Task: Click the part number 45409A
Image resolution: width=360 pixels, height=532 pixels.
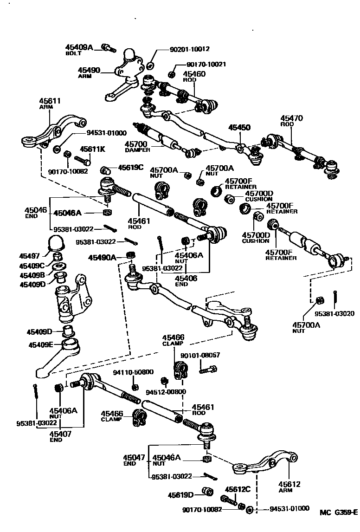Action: (x=79, y=47)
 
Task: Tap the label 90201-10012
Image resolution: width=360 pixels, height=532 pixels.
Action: (x=185, y=48)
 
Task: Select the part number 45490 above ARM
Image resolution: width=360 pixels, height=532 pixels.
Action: (x=89, y=70)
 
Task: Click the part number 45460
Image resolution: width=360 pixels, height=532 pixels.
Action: (x=194, y=74)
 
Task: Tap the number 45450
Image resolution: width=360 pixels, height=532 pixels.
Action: (x=238, y=127)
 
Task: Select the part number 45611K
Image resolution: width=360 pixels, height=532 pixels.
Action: (x=92, y=149)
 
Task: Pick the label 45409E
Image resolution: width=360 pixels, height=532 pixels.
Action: (x=41, y=345)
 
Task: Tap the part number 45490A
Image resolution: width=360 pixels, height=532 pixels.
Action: (x=103, y=257)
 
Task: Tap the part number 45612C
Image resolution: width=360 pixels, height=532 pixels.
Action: (x=238, y=489)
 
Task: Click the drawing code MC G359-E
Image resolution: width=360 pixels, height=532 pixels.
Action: (x=338, y=513)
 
